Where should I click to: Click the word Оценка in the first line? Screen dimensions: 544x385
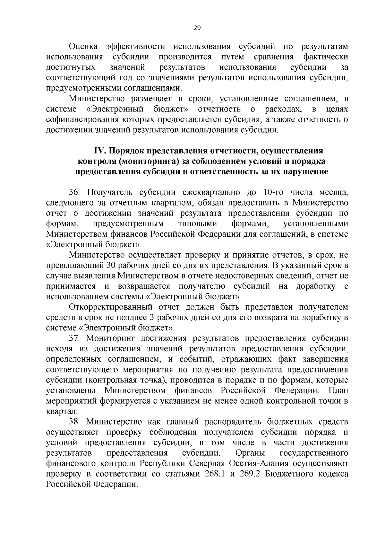click(x=84, y=47)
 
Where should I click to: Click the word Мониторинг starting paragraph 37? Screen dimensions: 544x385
click(x=111, y=338)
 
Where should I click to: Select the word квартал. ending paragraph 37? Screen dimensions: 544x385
click(x=62, y=411)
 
